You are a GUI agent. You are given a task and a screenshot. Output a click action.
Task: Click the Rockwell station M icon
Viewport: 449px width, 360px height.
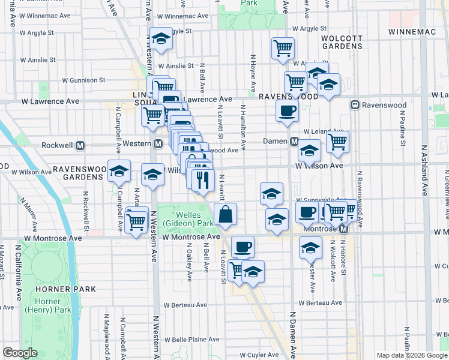point(80,145)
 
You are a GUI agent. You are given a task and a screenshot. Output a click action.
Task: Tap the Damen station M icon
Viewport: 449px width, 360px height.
point(294,142)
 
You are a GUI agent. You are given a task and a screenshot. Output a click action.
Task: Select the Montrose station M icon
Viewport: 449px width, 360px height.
point(343,230)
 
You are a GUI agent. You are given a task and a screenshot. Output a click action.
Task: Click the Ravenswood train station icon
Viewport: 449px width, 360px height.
point(355,105)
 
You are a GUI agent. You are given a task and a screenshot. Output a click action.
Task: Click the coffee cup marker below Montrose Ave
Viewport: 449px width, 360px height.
point(243,246)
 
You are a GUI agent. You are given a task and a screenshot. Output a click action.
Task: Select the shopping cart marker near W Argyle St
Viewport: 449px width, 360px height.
point(283,48)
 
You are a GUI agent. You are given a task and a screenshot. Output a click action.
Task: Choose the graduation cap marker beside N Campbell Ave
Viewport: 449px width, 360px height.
point(119,172)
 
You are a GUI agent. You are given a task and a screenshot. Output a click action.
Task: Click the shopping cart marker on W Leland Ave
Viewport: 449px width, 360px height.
point(338,142)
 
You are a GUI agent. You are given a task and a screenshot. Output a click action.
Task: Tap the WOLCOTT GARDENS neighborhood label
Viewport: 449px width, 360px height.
point(342,42)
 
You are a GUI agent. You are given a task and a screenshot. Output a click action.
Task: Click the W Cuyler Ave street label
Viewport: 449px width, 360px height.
point(259,355)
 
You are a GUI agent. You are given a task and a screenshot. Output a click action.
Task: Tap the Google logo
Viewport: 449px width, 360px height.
point(20,353)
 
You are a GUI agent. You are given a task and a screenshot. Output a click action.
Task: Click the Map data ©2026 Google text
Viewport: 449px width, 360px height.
point(412,355)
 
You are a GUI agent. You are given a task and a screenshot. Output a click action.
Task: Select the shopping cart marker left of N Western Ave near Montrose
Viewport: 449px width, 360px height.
point(137,221)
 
